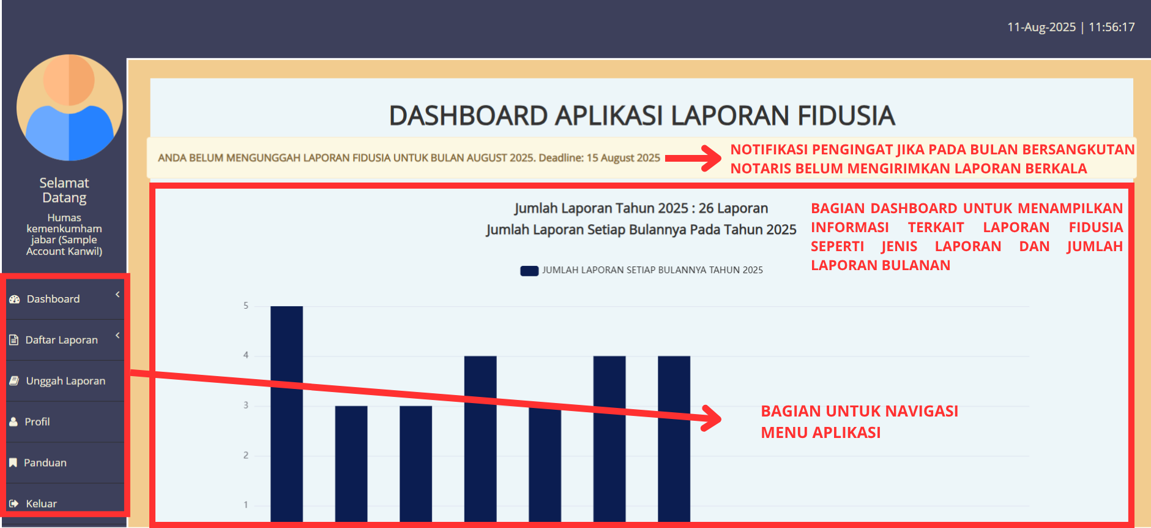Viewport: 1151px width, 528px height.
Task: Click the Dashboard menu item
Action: (53, 299)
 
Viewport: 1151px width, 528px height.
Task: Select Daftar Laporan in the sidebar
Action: (61, 340)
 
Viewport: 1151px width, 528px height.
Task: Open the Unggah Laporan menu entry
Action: (65, 381)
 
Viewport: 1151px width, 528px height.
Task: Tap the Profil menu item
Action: (37, 422)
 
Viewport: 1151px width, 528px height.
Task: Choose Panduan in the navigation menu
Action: (45, 463)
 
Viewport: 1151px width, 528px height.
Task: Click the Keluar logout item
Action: (41, 503)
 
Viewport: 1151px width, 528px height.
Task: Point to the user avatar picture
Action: (70, 108)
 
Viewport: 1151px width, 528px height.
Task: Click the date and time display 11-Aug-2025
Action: (1071, 27)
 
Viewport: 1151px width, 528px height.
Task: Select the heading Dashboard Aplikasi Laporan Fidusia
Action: (642, 116)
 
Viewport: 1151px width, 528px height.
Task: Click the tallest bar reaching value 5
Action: (286, 414)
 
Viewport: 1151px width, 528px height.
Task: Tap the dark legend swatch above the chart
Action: (529, 271)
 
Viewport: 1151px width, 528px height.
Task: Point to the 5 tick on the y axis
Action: (246, 306)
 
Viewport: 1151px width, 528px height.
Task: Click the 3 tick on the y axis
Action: (246, 405)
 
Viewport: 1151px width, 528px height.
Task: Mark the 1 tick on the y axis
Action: (246, 505)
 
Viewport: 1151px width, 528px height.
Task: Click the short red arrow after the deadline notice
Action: (693, 158)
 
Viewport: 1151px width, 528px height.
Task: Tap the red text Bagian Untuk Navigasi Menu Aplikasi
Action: (860, 422)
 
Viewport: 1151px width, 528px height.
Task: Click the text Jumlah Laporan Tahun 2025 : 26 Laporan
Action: (641, 208)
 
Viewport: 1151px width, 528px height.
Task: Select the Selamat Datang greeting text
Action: (64, 190)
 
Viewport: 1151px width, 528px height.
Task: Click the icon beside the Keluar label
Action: (14, 504)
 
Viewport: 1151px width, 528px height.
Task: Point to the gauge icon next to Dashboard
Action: (15, 300)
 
